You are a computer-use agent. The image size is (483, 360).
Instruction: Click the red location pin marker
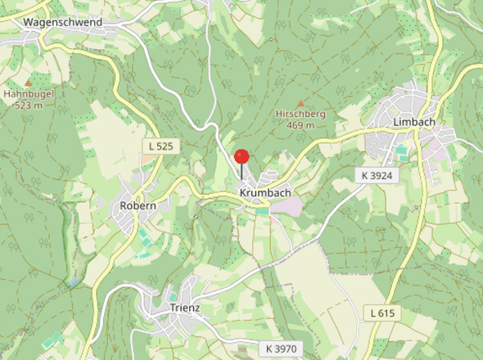(x=241, y=157)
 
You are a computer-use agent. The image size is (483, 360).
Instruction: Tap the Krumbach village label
(x=265, y=192)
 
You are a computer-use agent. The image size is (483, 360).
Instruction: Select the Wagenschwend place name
(x=63, y=22)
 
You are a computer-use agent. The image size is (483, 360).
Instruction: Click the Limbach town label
(x=413, y=121)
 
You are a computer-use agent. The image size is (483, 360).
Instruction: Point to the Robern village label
(x=138, y=205)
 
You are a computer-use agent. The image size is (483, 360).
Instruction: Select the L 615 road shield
(x=381, y=313)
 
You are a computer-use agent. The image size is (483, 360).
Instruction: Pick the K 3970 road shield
(x=282, y=349)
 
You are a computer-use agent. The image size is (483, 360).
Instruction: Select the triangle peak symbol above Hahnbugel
(x=28, y=82)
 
